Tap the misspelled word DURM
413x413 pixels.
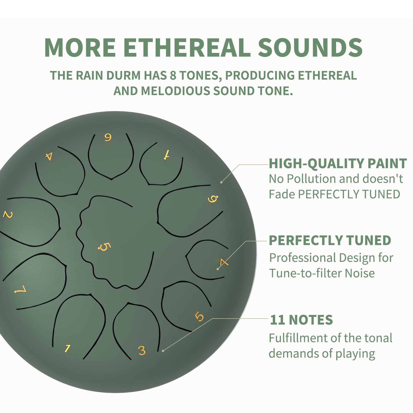point(123,75)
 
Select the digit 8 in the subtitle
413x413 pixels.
point(173,75)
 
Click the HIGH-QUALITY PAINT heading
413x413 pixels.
point(338,163)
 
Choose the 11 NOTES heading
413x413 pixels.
point(301,320)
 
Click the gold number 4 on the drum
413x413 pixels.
point(49,156)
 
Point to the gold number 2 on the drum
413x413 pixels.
point(8,215)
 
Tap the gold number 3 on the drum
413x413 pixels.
point(142,351)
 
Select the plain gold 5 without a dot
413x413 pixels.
point(199,316)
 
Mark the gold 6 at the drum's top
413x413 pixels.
point(108,137)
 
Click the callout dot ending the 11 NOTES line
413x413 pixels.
point(163,351)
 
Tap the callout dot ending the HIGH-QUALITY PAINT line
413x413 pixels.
point(221,182)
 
